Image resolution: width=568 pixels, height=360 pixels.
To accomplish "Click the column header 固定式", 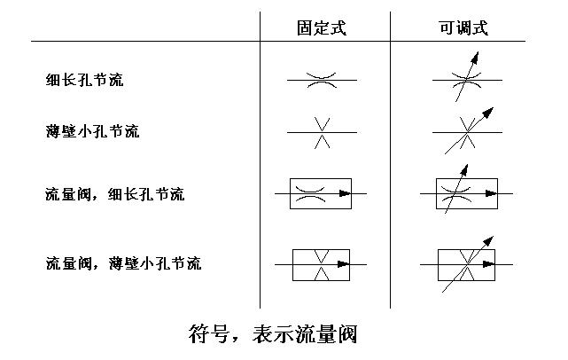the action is [x=322, y=27].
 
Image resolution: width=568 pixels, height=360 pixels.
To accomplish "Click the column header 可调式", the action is [x=463, y=27].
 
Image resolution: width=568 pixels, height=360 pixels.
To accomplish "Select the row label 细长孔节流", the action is [x=84, y=80].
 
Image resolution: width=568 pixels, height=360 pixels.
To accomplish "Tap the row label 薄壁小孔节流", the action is [x=92, y=132].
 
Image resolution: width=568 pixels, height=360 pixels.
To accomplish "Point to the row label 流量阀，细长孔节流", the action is [x=114, y=193].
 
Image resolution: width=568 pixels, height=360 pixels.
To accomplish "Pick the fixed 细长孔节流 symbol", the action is [x=322, y=80].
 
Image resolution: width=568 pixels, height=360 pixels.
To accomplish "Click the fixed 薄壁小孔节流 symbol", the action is [x=322, y=133].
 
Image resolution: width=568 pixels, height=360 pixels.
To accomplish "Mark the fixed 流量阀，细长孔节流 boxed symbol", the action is [x=321, y=193].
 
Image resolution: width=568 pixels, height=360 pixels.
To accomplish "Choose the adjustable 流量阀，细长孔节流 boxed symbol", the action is [x=466, y=193].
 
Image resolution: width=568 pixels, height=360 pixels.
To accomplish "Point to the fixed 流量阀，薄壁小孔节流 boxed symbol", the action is [x=321, y=264].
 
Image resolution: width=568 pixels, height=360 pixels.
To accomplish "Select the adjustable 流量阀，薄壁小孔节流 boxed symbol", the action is [x=466, y=264].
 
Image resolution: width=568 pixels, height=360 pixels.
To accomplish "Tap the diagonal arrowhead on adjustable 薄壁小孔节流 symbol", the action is [x=488, y=113].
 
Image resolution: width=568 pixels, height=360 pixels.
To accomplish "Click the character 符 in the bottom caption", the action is [x=199, y=335].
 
